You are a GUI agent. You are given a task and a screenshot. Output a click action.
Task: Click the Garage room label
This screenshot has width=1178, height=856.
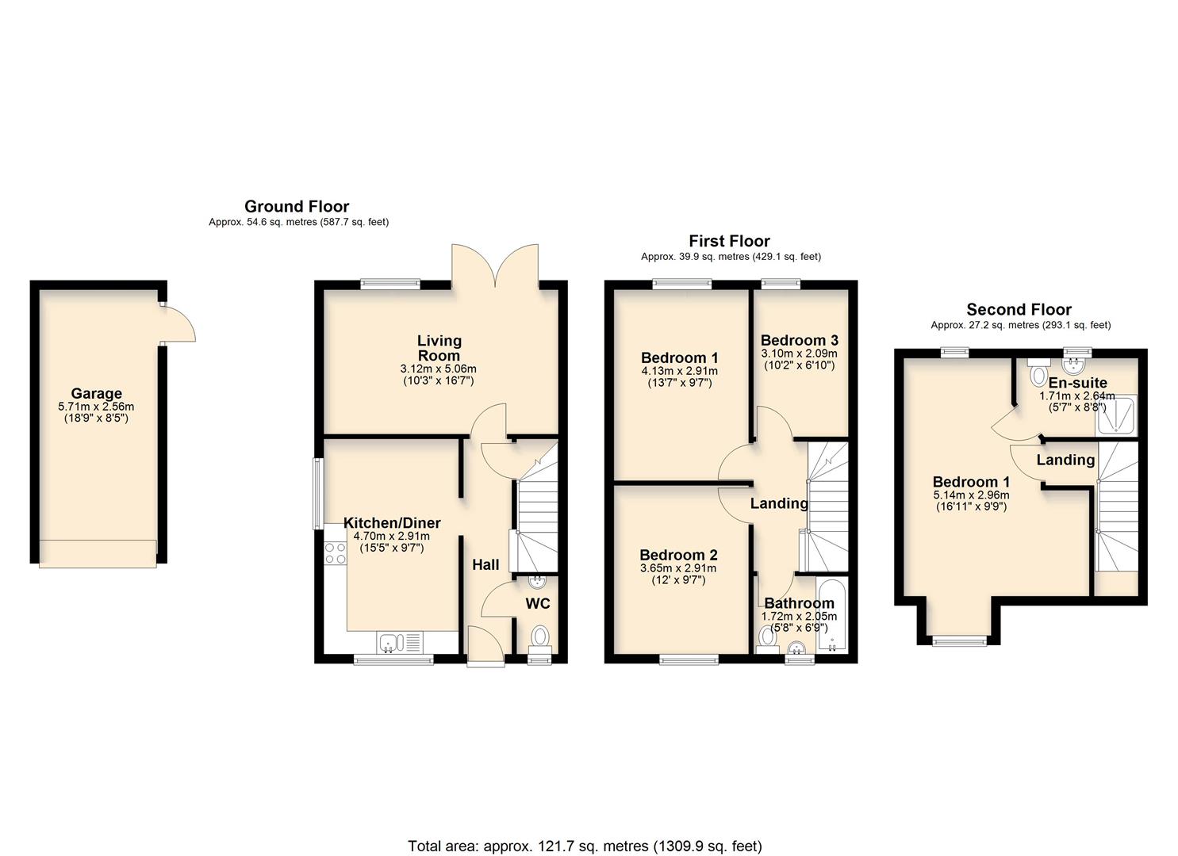pos(96,393)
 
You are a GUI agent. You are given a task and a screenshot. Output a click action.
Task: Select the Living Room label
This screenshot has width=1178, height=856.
pos(439,348)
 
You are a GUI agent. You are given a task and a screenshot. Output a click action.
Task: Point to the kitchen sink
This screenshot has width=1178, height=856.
pos(391,642)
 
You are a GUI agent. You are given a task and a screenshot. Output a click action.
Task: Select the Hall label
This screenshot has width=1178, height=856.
pos(485,564)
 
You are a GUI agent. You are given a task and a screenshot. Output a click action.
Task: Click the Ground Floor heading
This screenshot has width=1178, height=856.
pos(297,207)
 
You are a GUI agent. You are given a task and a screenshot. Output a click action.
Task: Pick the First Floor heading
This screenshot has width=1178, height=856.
pos(729,241)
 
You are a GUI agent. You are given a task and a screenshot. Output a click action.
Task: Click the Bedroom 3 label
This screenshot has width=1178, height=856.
pos(799,341)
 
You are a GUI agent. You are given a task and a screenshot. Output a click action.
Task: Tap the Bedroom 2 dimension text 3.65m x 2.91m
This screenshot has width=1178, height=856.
pos(678,568)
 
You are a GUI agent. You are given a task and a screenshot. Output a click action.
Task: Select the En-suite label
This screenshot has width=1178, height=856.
pos(1077,383)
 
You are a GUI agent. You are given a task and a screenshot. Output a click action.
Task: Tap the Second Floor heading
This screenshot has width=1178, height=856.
pos(1019,310)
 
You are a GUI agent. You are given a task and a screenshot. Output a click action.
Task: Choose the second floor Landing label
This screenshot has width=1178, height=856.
pos(1065,460)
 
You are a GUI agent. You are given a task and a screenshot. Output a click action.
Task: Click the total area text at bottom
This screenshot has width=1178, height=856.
pos(585,846)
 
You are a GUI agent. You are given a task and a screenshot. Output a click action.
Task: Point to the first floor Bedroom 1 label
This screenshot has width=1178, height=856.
pos(679,357)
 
